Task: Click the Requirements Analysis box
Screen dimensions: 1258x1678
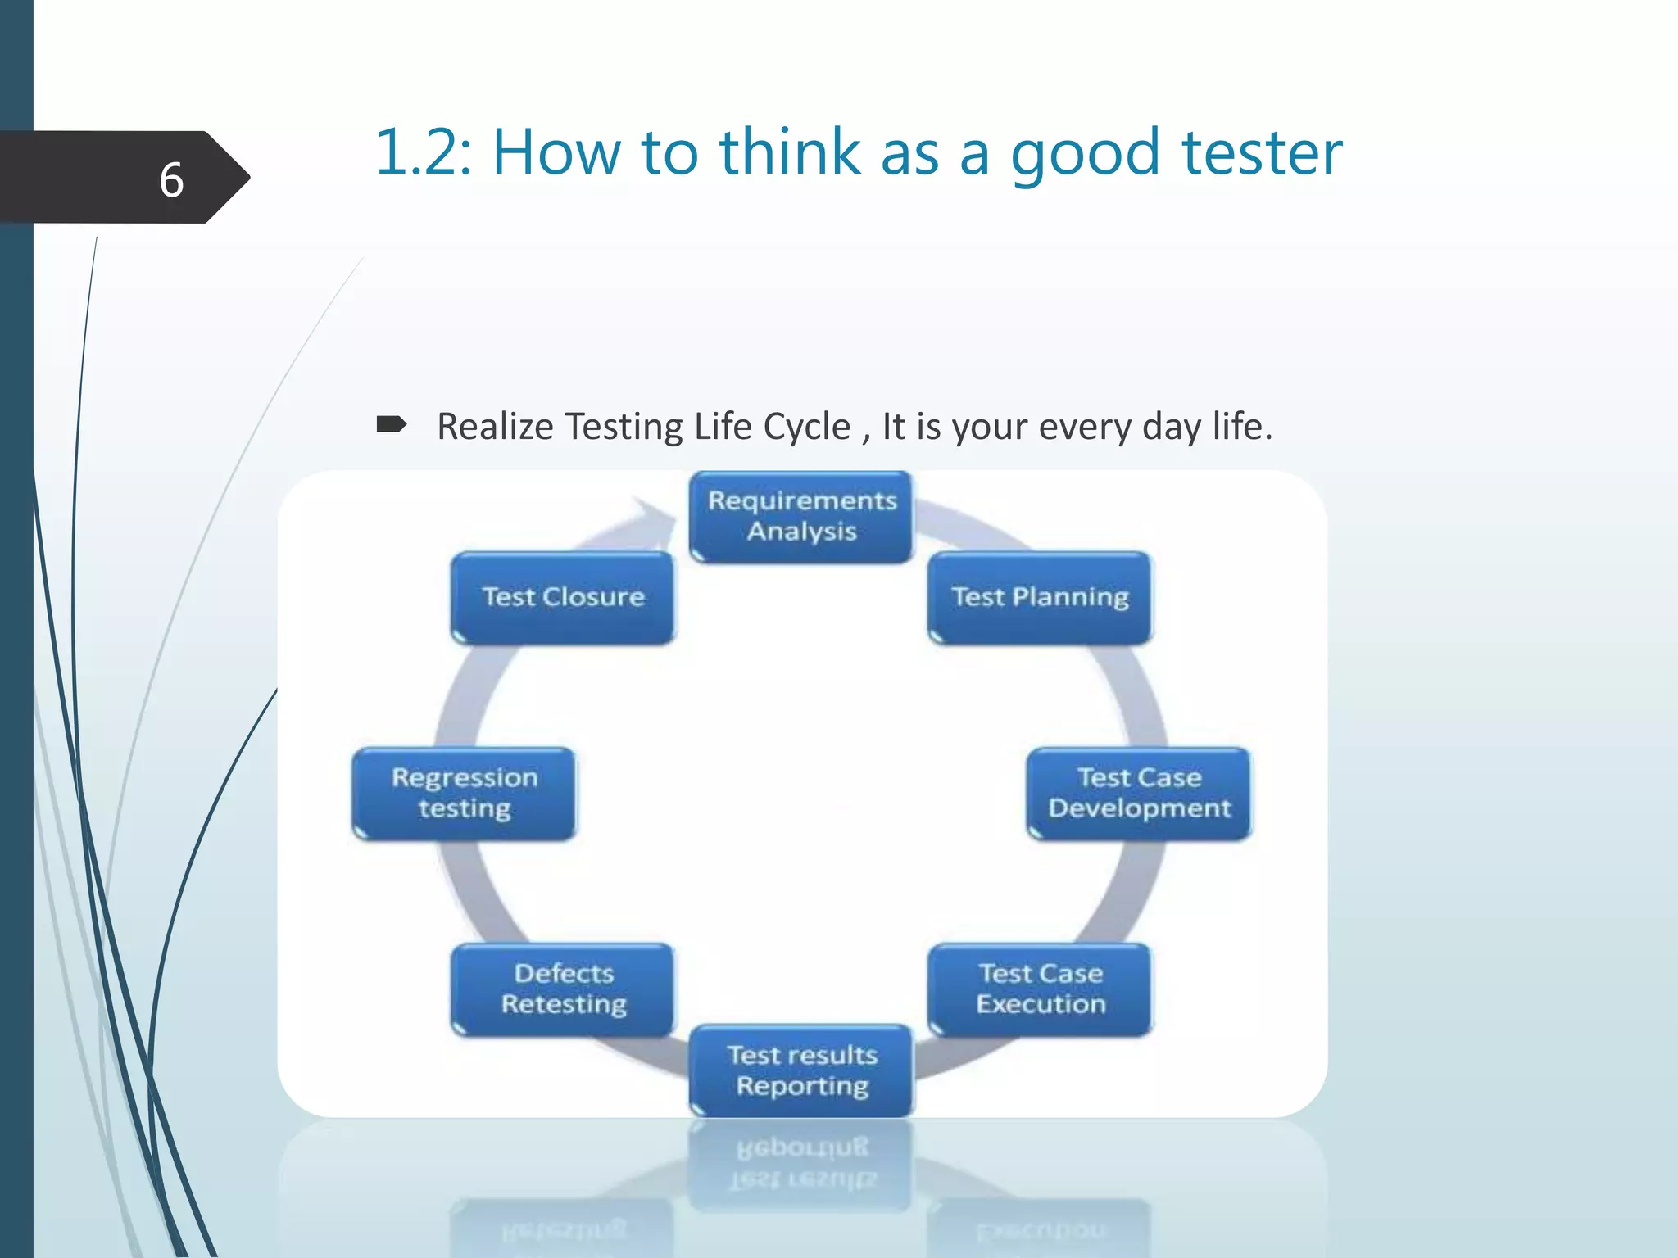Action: pyautogui.click(x=801, y=516)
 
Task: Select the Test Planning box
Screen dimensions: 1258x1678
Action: pyautogui.click(x=1040, y=597)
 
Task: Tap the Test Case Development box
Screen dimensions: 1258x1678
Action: pyautogui.click(x=1139, y=793)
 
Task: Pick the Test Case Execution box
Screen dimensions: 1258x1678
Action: pyautogui.click(x=1040, y=989)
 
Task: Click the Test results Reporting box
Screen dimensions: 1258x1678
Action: pyautogui.click(x=801, y=1070)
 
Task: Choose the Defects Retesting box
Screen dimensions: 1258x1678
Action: pyautogui.click(x=564, y=989)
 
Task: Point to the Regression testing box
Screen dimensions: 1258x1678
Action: pyautogui.click(x=465, y=793)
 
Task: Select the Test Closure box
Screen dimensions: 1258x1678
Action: pyautogui.click(x=564, y=597)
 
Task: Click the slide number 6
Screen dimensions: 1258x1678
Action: pyautogui.click(x=171, y=179)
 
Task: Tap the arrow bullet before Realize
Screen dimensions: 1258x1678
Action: pyautogui.click(x=392, y=424)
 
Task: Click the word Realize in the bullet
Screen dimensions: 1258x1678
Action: pyautogui.click(x=495, y=427)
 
